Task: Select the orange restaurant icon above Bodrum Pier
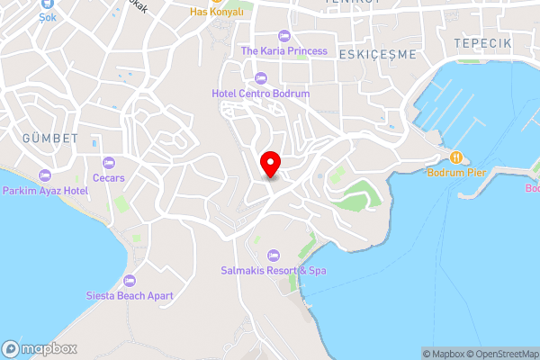point(456,157)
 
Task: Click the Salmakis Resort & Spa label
point(274,269)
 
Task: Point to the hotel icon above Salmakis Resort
point(274,255)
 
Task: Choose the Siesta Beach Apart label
point(130,295)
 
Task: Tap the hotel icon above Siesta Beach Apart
point(130,280)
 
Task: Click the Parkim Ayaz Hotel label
point(44,190)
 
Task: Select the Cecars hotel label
point(109,177)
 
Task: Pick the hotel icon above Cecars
point(109,163)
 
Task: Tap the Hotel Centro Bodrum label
point(261,93)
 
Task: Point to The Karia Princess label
point(284,50)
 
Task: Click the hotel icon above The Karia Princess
point(284,36)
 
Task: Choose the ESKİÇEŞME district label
point(378,54)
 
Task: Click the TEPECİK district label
point(482,43)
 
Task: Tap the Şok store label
point(47,16)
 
